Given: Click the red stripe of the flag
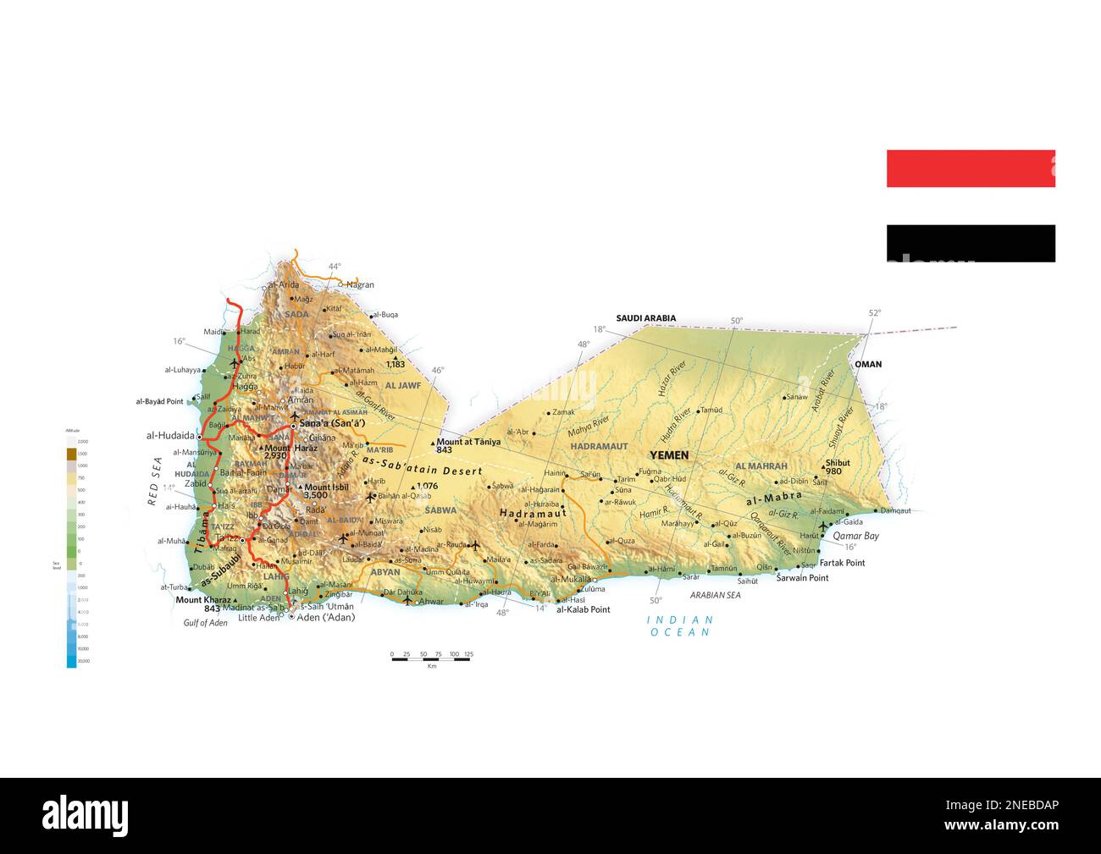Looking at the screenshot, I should [970, 168].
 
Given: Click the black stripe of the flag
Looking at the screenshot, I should [970, 243].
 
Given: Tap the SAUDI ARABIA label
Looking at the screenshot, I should [645, 319].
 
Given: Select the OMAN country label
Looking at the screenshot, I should [867, 365].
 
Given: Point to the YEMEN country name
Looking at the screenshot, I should [668, 455].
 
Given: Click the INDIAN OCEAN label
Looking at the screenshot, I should [680, 626].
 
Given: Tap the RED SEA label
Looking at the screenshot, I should [154, 481].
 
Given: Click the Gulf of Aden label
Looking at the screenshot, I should [205, 623].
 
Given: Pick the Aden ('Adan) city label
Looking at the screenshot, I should [326, 617].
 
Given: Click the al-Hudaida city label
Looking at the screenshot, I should [170, 436].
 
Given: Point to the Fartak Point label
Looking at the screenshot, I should [843, 563].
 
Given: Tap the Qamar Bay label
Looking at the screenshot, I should [855, 536].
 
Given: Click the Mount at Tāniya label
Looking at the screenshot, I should [468, 442].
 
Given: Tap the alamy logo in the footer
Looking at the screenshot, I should [86, 814].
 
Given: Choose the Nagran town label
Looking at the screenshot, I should [360, 285].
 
